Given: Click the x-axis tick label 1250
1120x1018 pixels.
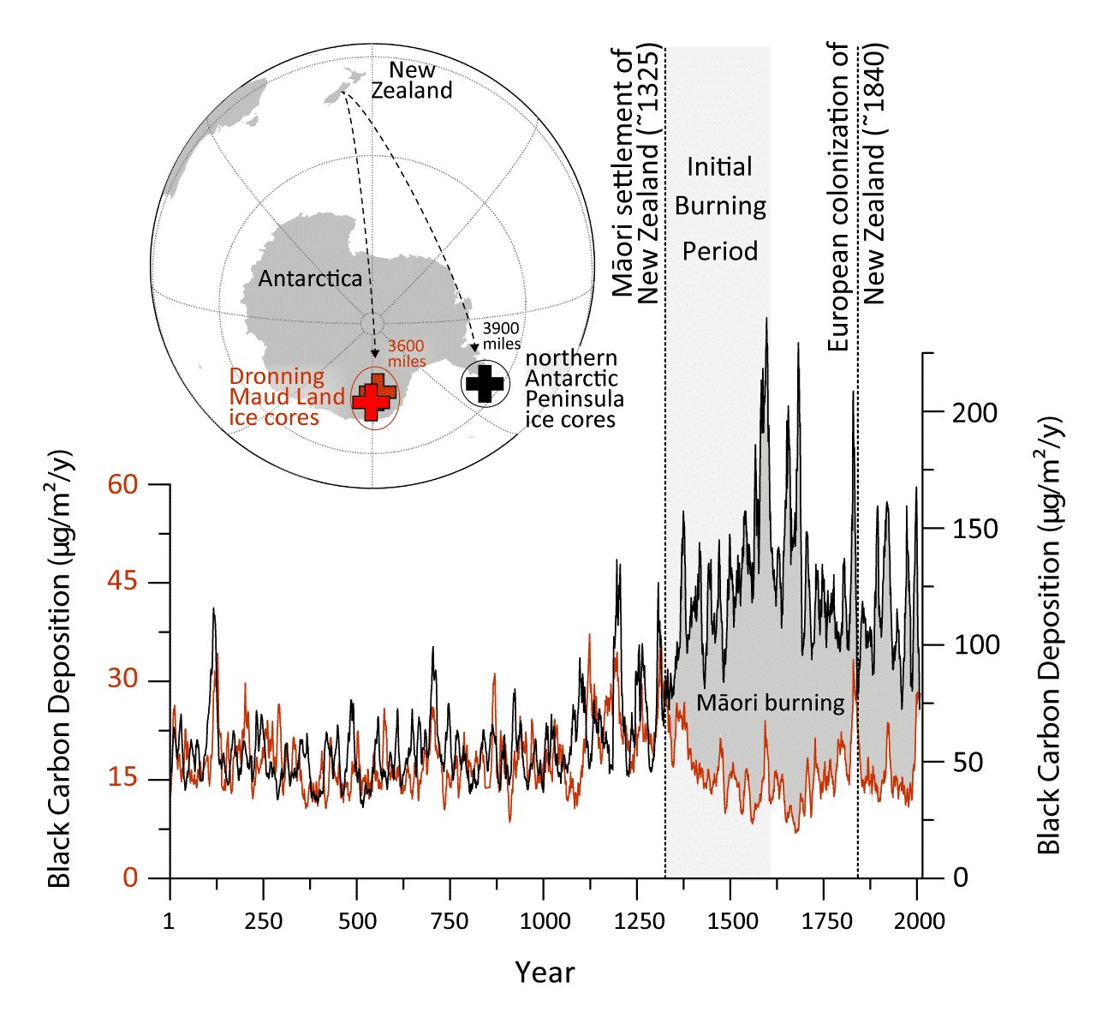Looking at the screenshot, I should pos(638,921).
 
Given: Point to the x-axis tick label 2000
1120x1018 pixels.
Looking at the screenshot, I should pos(917,921).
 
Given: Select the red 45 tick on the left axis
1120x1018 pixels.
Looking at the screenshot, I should pos(122,581).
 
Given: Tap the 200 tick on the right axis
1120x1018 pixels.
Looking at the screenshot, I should pos(975,412).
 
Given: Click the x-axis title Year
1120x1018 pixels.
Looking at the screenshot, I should pos(545,973).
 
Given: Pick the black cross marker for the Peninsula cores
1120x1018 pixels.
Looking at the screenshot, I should pos(486,383).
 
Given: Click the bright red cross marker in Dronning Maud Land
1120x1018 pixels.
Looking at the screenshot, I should pos(371,401).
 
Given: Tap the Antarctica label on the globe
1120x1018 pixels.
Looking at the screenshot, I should pos(310,278).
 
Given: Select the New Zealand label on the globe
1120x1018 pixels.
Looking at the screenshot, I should pos(412,80).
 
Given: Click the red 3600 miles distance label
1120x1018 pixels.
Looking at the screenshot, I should pos(406,353).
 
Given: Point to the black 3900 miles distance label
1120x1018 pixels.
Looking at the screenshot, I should pos(501,336).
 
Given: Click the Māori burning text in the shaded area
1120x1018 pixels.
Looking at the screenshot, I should pos(770,703).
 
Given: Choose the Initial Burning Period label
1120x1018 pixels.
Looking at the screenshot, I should pos(720,208).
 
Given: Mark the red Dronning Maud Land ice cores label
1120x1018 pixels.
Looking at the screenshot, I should pos(287,397).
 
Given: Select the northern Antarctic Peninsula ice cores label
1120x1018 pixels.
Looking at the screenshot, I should pos(574,389).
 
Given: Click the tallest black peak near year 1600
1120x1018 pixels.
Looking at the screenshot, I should pos(766,319).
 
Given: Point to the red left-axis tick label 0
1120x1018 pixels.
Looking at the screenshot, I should pos(130,877).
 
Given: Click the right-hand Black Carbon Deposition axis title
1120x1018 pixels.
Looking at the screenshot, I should pos(1049,635).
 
